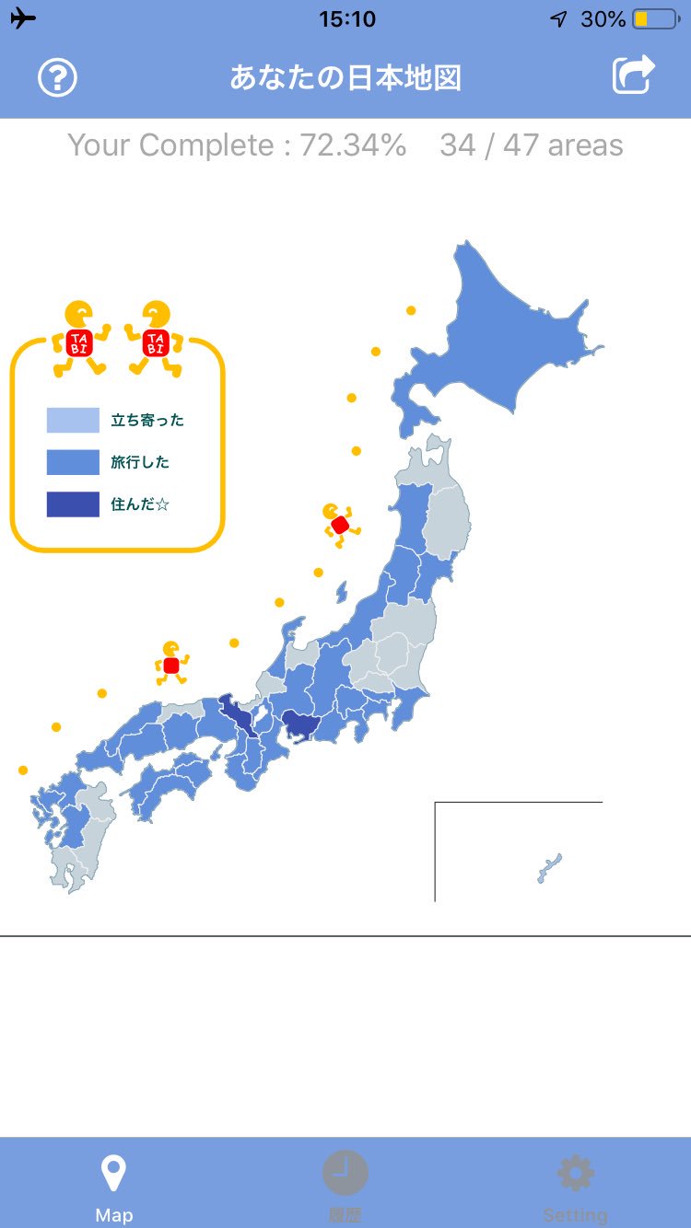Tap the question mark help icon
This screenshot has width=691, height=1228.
(x=57, y=78)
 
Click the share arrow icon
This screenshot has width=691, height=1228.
(x=634, y=75)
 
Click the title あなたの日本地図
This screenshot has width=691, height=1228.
(x=345, y=78)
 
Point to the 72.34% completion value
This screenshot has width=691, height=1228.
(x=353, y=145)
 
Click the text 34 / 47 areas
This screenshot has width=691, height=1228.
(x=531, y=145)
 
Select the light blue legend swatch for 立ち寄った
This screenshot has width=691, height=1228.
(x=73, y=420)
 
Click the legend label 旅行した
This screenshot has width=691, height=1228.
(x=140, y=462)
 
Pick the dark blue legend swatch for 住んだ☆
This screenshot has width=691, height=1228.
(x=73, y=504)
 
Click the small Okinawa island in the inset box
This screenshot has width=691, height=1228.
(x=550, y=868)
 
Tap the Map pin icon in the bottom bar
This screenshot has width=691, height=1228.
(x=113, y=1175)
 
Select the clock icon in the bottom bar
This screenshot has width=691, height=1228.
(x=345, y=1174)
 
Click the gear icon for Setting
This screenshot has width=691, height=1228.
(x=576, y=1174)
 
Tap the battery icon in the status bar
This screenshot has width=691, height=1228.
(x=653, y=19)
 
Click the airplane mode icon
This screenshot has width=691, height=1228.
(x=23, y=18)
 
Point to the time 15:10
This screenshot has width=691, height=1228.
(x=346, y=19)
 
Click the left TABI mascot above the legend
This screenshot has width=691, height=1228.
(x=79, y=339)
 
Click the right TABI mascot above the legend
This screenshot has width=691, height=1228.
(x=155, y=339)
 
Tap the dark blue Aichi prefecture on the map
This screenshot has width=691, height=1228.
(x=300, y=724)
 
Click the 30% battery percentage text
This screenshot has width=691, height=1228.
(x=603, y=19)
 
